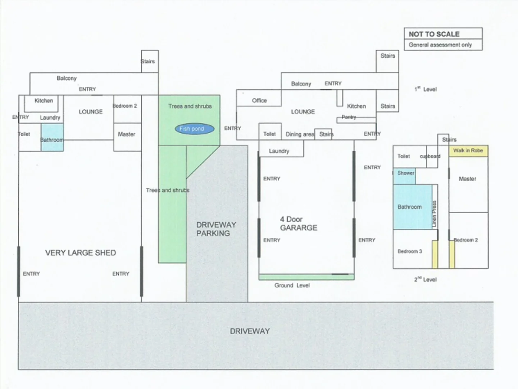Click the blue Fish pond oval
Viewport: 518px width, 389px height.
(x=195, y=129)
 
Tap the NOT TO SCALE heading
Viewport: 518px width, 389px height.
(x=434, y=34)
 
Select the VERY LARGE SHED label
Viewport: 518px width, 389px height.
(x=81, y=253)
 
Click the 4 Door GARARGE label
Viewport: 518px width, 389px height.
(x=298, y=224)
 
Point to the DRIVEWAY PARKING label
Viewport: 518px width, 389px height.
(x=216, y=229)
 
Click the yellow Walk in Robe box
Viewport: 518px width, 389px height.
(x=468, y=151)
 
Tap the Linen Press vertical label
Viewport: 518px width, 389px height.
(x=435, y=214)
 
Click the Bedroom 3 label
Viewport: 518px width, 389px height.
(x=410, y=251)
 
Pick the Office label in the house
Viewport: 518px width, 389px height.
(x=259, y=100)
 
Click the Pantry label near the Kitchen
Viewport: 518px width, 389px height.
(x=349, y=117)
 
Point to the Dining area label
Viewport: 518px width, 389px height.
(x=300, y=134)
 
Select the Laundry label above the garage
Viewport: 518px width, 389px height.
(x=279, y=151)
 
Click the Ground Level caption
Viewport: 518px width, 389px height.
(x=292, y=286)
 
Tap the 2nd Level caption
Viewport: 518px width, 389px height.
(x=425, y=280)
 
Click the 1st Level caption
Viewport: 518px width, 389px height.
(x=425, y=89)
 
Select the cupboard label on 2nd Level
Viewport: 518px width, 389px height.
(x=430, y=156)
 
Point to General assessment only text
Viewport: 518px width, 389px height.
(x=440, y=45)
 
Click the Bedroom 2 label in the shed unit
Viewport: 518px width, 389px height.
(x=125, y=106)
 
